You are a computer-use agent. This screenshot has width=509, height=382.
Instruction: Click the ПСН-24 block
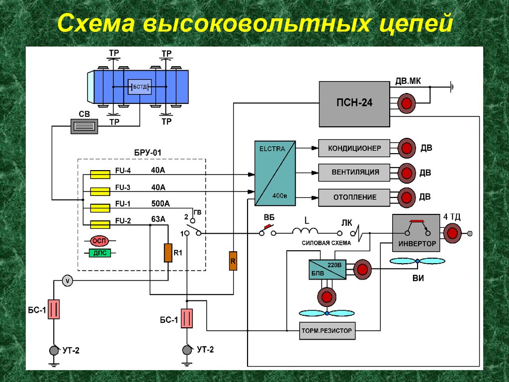tap(353, 103)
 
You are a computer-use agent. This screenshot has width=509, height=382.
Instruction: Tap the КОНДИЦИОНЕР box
tap(353, 148)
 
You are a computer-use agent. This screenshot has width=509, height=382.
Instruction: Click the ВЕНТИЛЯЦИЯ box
tap(353, 173)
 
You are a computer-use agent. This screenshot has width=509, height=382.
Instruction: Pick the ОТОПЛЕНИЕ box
tap(353, 197)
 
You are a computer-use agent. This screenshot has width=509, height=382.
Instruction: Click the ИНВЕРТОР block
tap(417, 232)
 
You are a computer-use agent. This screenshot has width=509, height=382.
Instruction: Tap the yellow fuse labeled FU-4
tap(100, 174)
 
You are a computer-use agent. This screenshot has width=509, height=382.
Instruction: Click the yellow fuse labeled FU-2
tap(100, 224)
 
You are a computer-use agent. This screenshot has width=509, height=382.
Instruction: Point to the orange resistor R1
tap(168, 253)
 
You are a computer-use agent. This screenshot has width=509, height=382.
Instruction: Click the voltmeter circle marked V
tap(68, 281)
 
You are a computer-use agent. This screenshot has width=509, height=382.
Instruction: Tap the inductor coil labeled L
tap(305, 231)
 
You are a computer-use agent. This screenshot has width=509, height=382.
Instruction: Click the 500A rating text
tap(160, 203)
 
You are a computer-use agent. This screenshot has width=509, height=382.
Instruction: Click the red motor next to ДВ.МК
tap(407, 103)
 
